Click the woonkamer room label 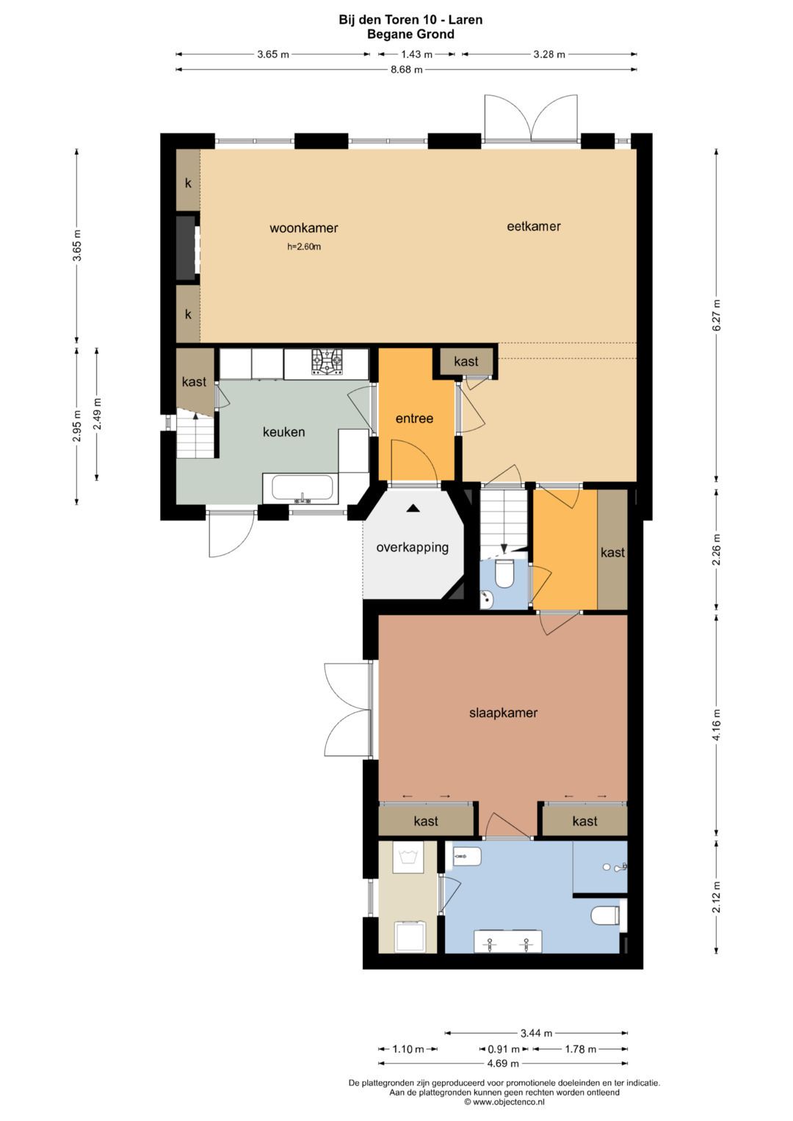[304, 228]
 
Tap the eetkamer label [534, 226]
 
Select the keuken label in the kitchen [284, 432]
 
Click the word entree [415, 418]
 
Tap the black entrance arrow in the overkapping [413, 509]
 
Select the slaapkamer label [503, 713]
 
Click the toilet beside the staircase [504, 573]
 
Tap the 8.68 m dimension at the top [406, 70]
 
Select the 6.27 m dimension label [717, 315]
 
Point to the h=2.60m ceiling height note [304, 247]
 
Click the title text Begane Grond [410, 35]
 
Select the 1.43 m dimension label [417, 54]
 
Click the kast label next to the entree [466, 361]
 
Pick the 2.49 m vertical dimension [98, 413]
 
